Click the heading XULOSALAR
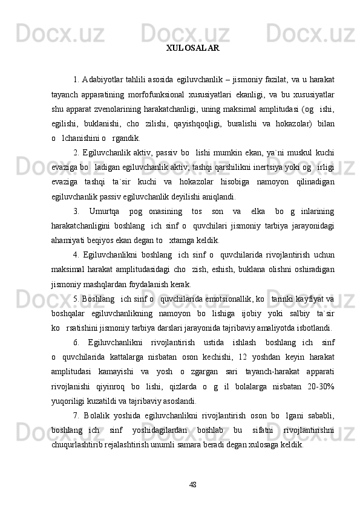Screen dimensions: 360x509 coord(192,47)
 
